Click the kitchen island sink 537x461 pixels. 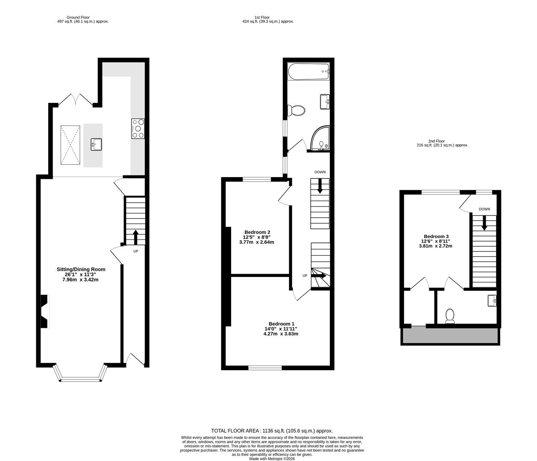coord(96,144)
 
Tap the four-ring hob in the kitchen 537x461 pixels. coord(138,128)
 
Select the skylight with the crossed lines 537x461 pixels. coord(70,145)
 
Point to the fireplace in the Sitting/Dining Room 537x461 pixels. coord(44,312)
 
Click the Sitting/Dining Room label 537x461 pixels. coord(81,269)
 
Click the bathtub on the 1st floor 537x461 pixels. coord(308,72)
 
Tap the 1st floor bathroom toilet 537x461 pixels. coord(297,111)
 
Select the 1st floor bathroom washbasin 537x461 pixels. coord(325,102)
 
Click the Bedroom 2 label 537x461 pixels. coord(256,232)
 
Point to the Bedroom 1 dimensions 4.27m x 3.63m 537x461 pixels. coord(281,334)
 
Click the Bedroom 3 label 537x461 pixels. coord(436,236)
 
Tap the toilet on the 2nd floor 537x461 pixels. coord(449,316)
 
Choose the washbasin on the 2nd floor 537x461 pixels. coord(492,301)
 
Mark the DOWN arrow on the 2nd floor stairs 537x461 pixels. coord(484,222)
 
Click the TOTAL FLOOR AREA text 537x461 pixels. coord(272,431)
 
